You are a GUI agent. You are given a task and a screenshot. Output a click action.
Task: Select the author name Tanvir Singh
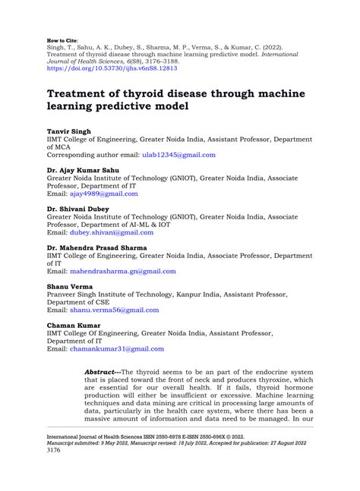click(69, 131)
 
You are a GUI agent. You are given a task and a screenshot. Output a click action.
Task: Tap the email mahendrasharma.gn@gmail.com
click(123, 271)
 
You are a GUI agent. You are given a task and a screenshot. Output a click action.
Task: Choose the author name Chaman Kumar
click(74, 326)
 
